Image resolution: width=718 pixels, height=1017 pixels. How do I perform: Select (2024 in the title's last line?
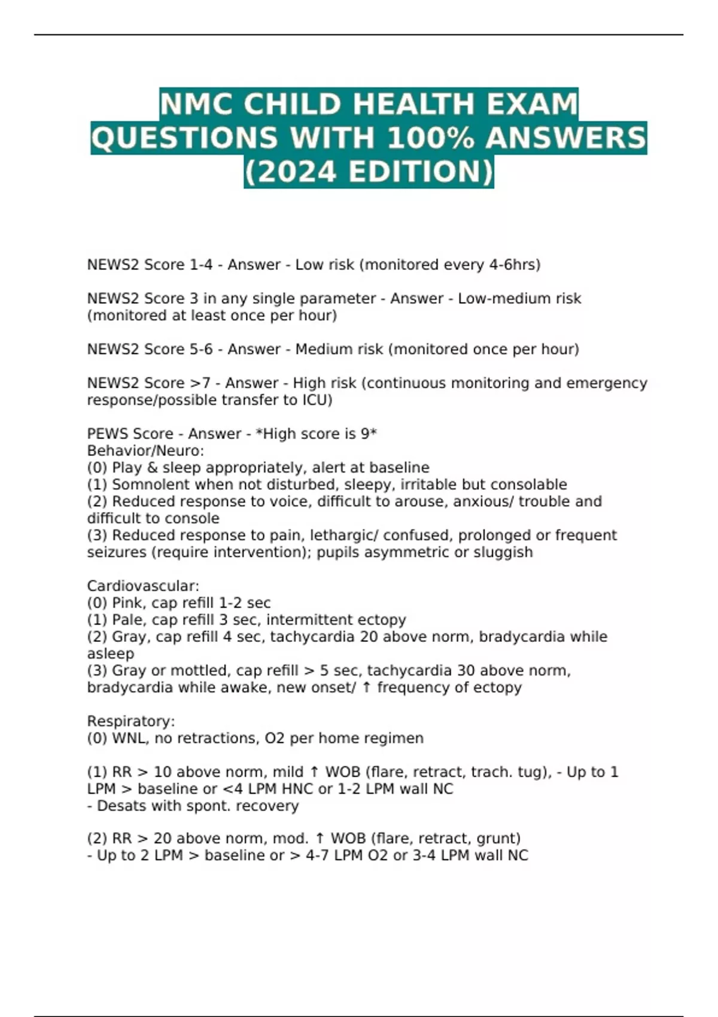pos(291,172)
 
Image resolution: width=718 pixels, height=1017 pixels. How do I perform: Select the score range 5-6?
pos(201,349)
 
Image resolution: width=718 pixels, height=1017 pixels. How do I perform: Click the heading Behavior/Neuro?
pos(145,450)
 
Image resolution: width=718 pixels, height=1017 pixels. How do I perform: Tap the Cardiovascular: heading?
pos(143,586)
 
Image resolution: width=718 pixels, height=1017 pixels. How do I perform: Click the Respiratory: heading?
pos(131,721)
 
